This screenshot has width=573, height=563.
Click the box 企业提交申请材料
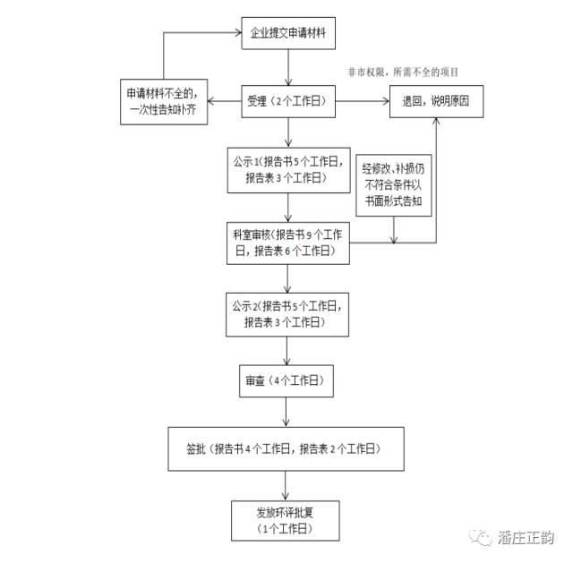286,34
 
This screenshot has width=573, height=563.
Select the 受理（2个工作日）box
286,100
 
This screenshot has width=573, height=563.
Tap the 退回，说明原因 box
436,101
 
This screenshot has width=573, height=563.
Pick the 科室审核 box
286,243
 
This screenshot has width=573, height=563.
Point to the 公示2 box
286,316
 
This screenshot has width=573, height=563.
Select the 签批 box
286,448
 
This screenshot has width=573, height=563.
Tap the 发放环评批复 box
286,520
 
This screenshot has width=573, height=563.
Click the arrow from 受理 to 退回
362,101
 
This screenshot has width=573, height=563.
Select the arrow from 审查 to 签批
286,412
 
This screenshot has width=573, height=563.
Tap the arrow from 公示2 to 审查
286,350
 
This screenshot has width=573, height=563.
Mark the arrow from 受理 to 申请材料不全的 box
226,100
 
